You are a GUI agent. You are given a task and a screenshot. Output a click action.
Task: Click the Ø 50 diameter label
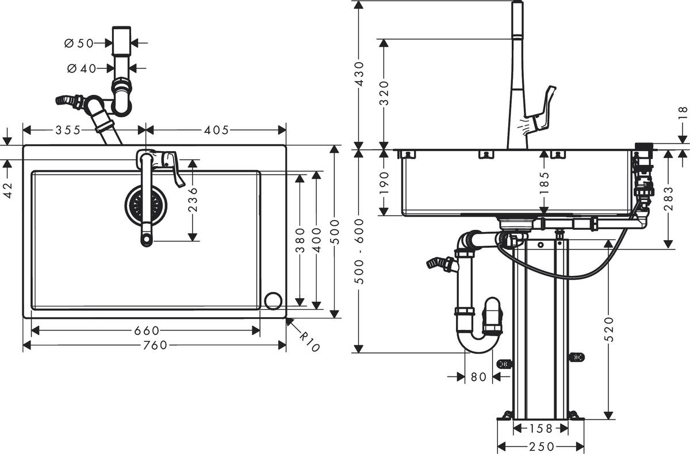point(79,43)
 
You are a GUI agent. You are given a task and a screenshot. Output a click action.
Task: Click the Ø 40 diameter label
point(81,68)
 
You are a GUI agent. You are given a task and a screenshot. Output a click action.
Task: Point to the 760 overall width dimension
point(154,345)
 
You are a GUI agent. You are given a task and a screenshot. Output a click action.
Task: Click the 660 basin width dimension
point(146,330)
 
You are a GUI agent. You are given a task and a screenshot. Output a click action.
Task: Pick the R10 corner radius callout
point(309,341)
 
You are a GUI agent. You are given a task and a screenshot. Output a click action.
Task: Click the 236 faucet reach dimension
point(193,199)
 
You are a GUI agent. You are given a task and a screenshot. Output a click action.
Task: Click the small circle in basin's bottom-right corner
point(273,300)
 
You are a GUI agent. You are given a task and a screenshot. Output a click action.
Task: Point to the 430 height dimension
point(358,74)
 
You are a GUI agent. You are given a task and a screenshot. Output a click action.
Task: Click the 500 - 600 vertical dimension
point(358,251)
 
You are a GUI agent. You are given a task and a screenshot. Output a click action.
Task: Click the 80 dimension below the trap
point(478,377)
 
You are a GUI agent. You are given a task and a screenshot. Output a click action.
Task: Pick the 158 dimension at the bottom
point(540,429)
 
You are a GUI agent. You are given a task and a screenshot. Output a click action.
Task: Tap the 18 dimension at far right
point(683,113)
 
